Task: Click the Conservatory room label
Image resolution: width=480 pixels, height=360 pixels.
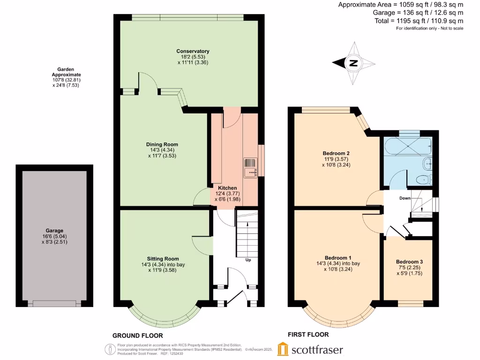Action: (193, 51)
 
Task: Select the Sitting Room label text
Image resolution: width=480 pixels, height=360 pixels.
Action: (163, 258)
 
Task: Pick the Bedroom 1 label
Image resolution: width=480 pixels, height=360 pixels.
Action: (338, 258)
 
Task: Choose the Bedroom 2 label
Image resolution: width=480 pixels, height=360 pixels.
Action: (336, 153)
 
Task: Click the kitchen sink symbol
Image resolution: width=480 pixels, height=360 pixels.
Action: (250, 167)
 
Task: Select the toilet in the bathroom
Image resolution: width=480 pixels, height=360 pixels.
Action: (424, 179)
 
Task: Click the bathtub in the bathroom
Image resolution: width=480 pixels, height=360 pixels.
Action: (407, 146)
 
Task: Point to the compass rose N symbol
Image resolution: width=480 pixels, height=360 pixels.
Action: (353, 63)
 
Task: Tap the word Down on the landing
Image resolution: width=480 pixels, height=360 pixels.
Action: (405, 198)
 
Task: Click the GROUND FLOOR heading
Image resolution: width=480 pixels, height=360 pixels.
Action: (137, 336)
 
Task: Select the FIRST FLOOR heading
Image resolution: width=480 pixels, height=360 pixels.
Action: (308, 335)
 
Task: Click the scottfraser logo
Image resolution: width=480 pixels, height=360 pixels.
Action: (310, 349)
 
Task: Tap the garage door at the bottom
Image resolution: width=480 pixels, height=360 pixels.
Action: (54, 304)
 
